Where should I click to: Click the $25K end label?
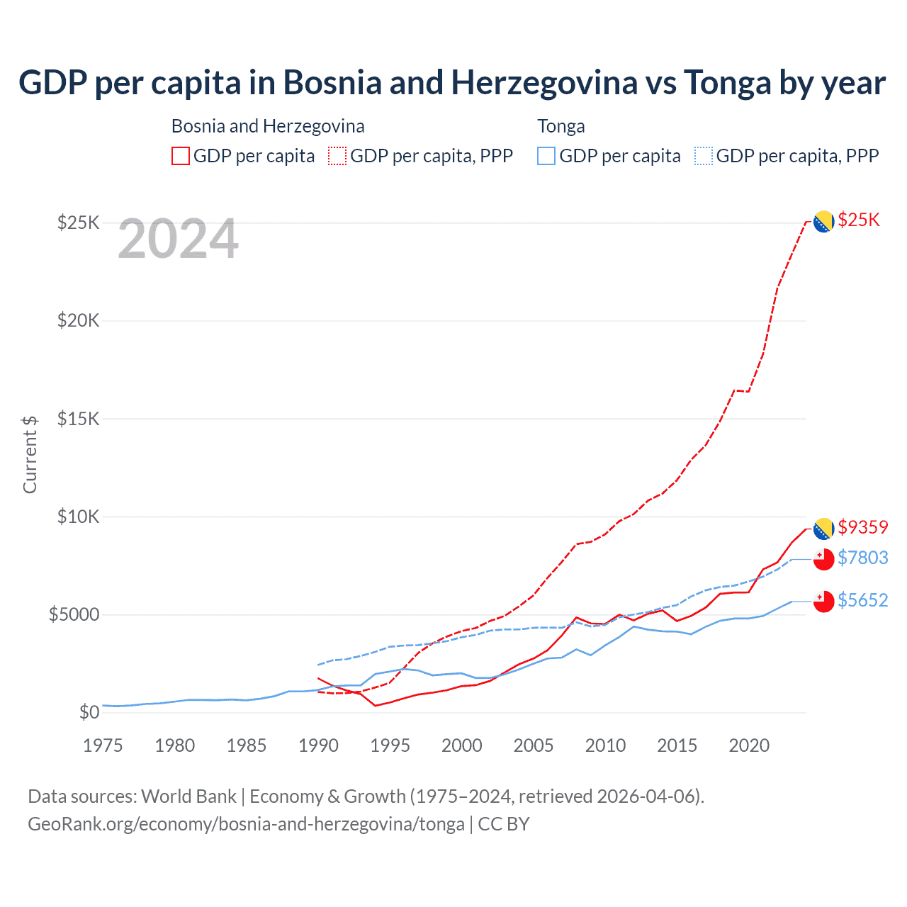(x=858, y=220)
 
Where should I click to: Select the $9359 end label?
(x=862, y=527)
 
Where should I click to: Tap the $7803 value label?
(x=862, y=558)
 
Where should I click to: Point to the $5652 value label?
(x=862, y=600)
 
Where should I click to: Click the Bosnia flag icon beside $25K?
(x=823, y=222)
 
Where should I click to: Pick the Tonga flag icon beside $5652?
(x=823, y=602)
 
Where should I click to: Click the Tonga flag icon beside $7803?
(x=823, y=560)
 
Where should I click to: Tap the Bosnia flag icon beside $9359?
(x=823, y=529)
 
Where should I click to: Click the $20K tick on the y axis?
(x=78, y=321)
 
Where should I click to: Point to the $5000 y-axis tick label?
(x=74, y=614)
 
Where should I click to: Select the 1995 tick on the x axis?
(x=390, y=745)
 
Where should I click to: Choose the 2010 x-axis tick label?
(x=605, y=745)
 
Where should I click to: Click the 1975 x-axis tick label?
(x=103, y=745)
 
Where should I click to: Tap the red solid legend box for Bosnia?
(x=181, y=156)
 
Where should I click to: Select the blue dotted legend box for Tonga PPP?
(x=704, y=156)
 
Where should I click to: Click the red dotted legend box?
(x=337, y=156)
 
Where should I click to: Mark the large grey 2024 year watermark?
(x=178, y=240)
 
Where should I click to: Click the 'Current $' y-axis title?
(x=30, y=454)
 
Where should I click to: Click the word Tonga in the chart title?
(x=727, y=82)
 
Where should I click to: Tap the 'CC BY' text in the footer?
(x=504, y=824)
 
